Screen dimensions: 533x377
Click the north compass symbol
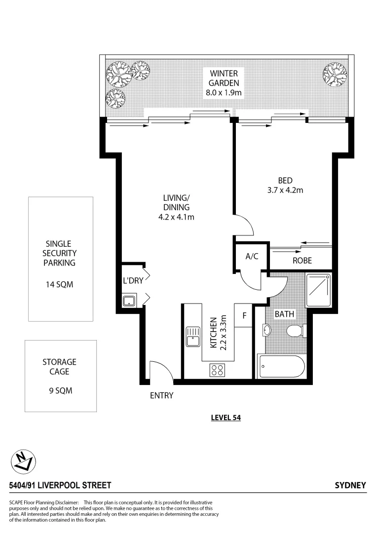(x=23, y=461)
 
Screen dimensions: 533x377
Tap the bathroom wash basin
(x=266, y=330)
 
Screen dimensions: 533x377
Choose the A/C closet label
(x=252, y=256)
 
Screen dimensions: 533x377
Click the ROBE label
(x=302, y=260)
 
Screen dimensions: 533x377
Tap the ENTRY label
(x=162, y=395)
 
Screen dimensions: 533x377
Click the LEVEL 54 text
(x=225, y=418)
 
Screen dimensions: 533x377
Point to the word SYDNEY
(x=350, y=486)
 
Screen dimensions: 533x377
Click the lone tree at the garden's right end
(x=335, y=74)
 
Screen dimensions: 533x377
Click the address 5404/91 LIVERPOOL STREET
(x=60, y=486)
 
